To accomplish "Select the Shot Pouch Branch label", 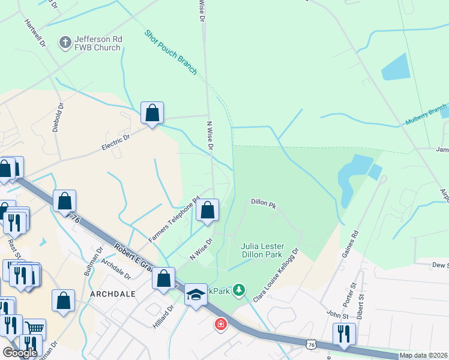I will click(170, 52).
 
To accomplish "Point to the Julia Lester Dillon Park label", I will click(270, 250).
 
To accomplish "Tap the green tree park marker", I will click(240, 291).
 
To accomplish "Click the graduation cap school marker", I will click(196, 295).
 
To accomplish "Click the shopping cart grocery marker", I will click(35, 329).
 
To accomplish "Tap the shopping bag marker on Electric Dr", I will click(152, 113).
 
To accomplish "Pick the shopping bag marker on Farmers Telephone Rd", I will click(207, 210).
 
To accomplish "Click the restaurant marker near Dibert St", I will click(343, 333).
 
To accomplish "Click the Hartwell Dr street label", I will click(35, 32).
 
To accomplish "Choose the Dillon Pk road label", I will click(263, 205).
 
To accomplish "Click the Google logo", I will click(20, 352).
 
